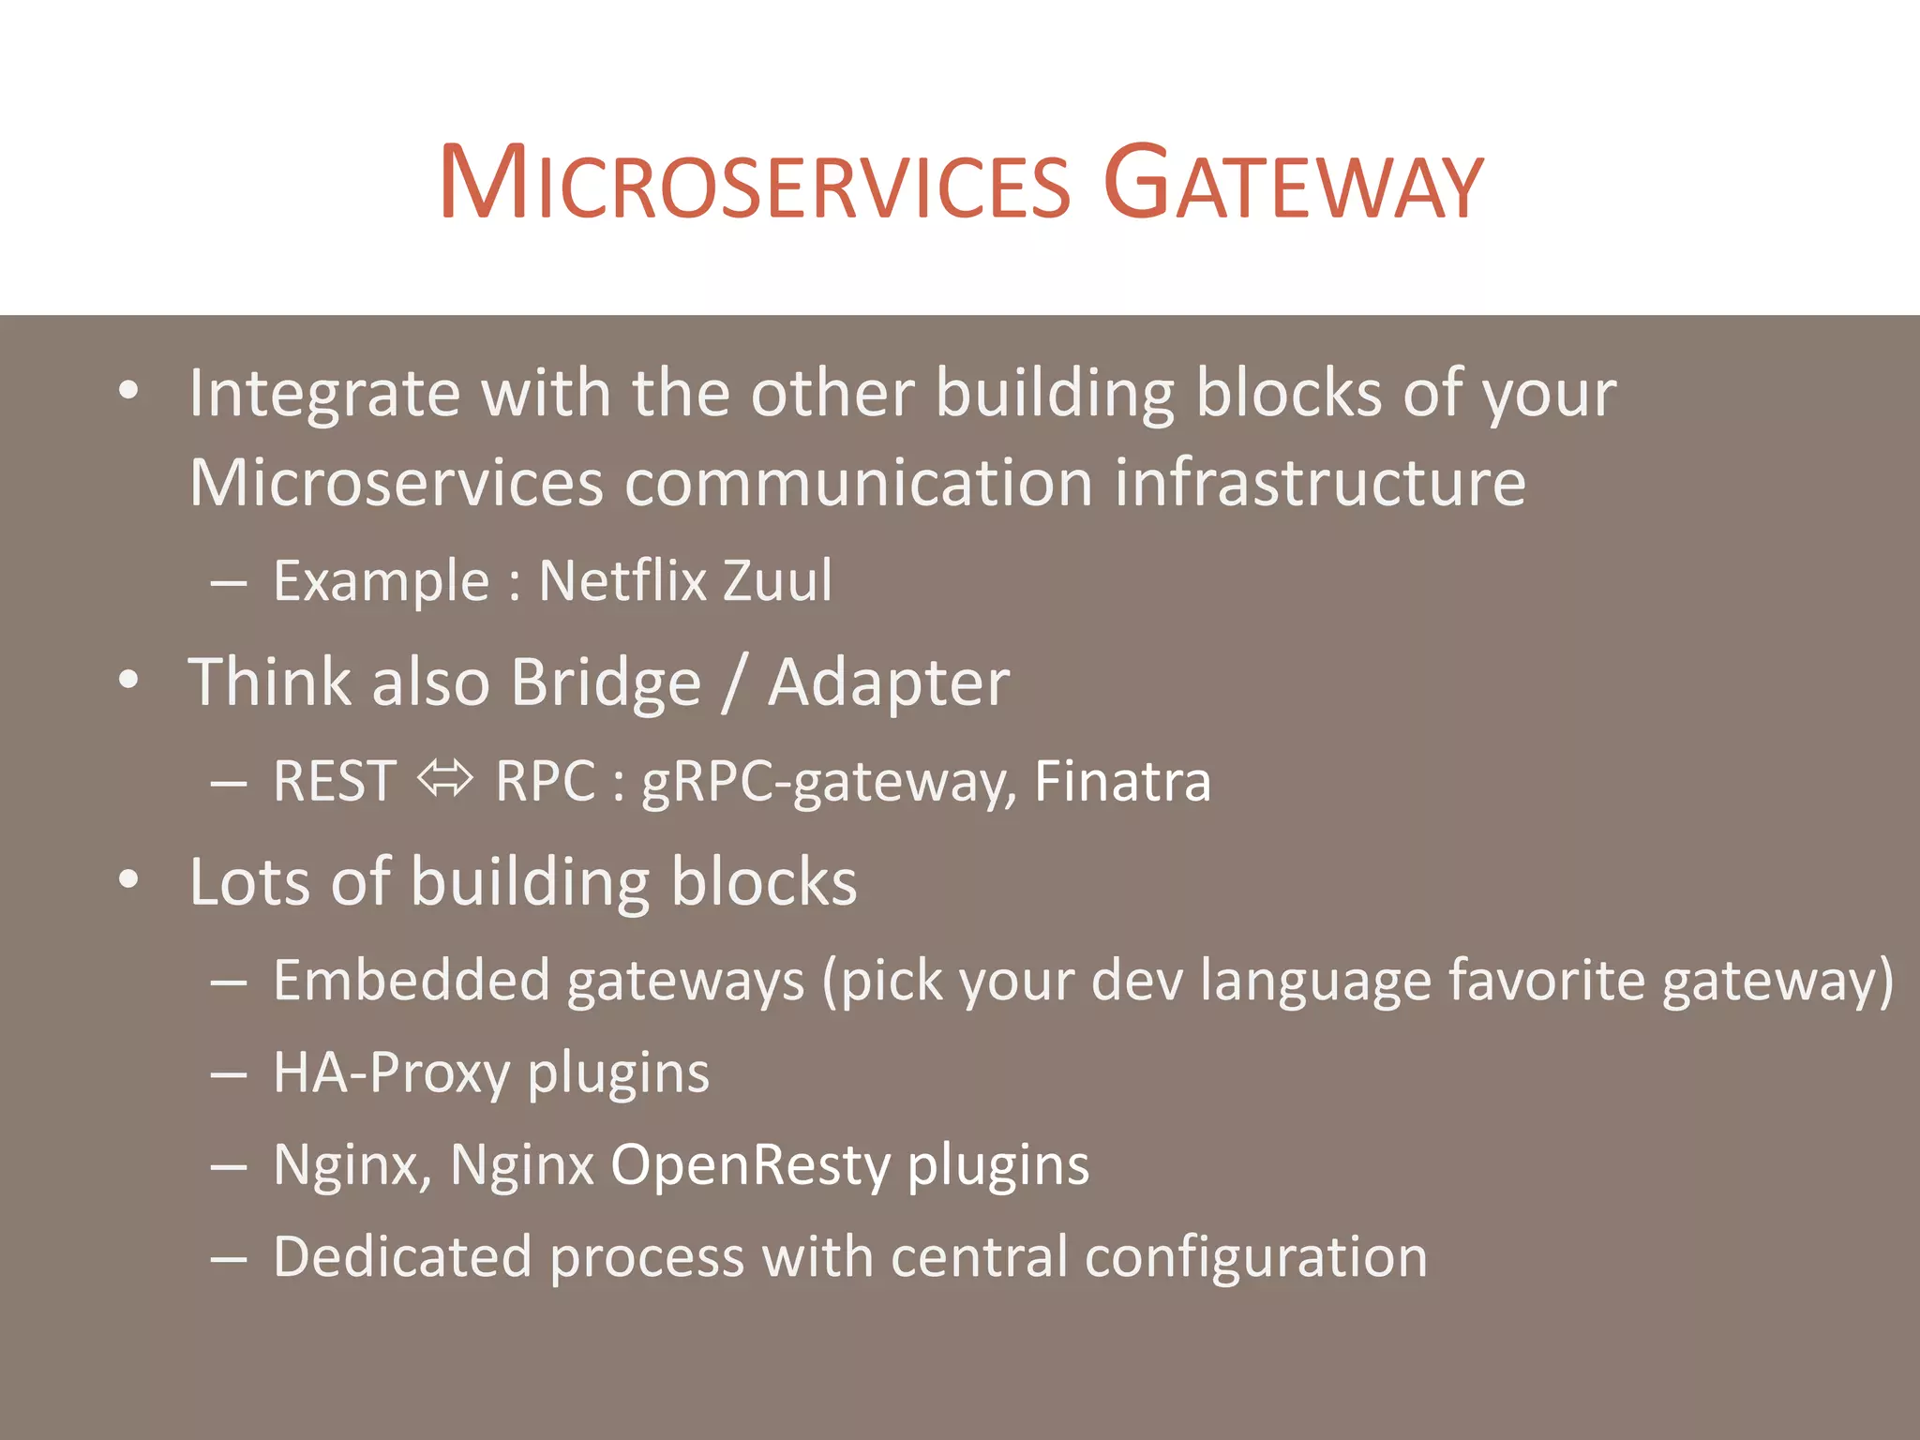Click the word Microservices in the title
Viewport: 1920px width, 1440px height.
tap(755, 184)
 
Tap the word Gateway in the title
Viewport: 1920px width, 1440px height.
tap(1293, 184)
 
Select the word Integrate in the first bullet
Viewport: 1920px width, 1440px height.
tap(324, 394)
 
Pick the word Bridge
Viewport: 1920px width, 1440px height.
tap(606, 682)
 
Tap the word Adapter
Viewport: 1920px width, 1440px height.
tap(889, 682)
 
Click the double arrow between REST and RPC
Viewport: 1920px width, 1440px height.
tap(445, 779)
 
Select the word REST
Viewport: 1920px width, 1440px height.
tap(334, 781)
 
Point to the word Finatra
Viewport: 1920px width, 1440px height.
tap(1122, 781)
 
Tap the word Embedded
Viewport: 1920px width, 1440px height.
tap(411, 981)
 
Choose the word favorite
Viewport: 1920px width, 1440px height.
tap(1546, 981)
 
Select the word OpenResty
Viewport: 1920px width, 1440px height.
tap(750, 1165)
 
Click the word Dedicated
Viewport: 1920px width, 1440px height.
tap(402, 1256)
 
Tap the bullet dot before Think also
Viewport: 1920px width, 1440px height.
tap(129, 682)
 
